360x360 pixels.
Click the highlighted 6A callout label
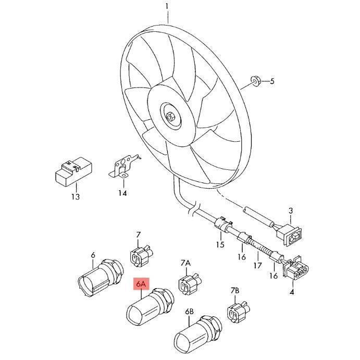tap(141, 284)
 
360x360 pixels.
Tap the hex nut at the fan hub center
tap(170, 117)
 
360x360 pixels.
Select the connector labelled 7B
tap(238, 312)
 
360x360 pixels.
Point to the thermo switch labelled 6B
tap(197, 335)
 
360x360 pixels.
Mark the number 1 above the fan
tap(167, 7)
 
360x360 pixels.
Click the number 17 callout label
tap(257, 266)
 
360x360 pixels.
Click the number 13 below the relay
tap(76, 197)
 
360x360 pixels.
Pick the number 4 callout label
tap(292, 292)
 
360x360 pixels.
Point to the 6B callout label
tap(190, 312)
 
